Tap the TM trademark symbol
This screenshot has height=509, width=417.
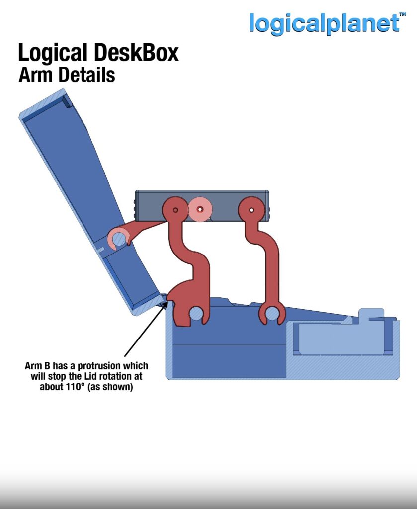coord(402,14)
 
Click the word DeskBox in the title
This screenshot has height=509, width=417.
coord(136,53)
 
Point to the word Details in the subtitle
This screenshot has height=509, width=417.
coord(86,75)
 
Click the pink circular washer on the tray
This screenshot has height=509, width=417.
coord(200,209)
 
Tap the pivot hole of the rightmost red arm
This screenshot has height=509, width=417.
coord(251,210)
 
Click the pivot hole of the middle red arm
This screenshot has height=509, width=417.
coord(175,210)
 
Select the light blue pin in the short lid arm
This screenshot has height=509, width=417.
coord(119,239)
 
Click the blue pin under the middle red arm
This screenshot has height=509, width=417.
coord(196,314)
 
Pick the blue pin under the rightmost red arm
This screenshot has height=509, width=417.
coord(272,314)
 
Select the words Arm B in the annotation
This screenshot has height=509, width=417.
coord(37,366)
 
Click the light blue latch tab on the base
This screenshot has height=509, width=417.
coord(371,315)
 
